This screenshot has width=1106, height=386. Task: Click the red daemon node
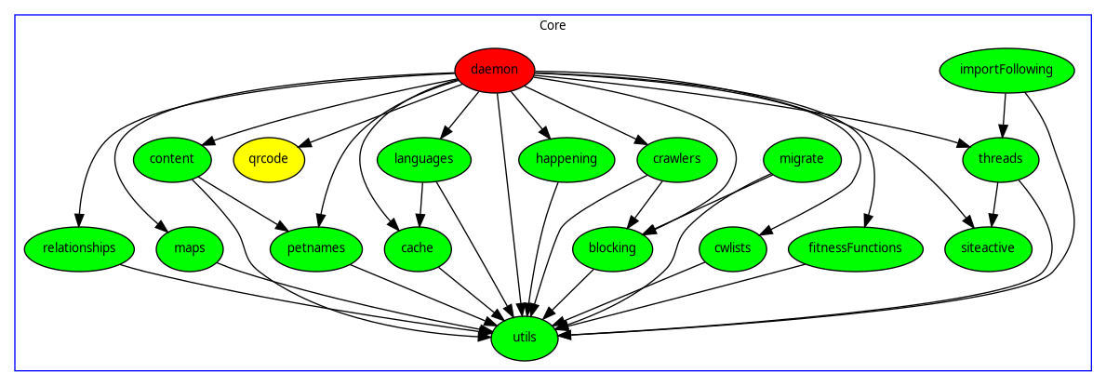click(x=495, y=70)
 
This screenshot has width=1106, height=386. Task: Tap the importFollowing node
click(x=1006, y=70)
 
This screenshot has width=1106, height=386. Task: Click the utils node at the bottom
click(x=525, y=337)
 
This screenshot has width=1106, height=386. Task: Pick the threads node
click(x=1000, y=159)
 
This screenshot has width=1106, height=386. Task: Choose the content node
click(x=171, y=159)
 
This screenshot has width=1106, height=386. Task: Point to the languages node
click(x=423, y=159)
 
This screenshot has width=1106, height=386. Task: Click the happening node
click(x=566, y=159)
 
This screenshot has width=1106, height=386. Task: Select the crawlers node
click(x=670, y=159)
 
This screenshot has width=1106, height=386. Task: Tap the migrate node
click(x=801, y=159)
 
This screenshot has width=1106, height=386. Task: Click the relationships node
click(x=79, y=248)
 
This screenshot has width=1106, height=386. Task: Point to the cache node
click(x=419, y=248)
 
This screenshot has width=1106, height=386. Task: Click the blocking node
click(x=612, y=248)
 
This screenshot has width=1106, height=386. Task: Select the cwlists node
click(x=732, y=248)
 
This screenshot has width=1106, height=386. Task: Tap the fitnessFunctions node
click(x=855, y=248)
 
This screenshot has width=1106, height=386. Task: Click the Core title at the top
click(x=553, y=25)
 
